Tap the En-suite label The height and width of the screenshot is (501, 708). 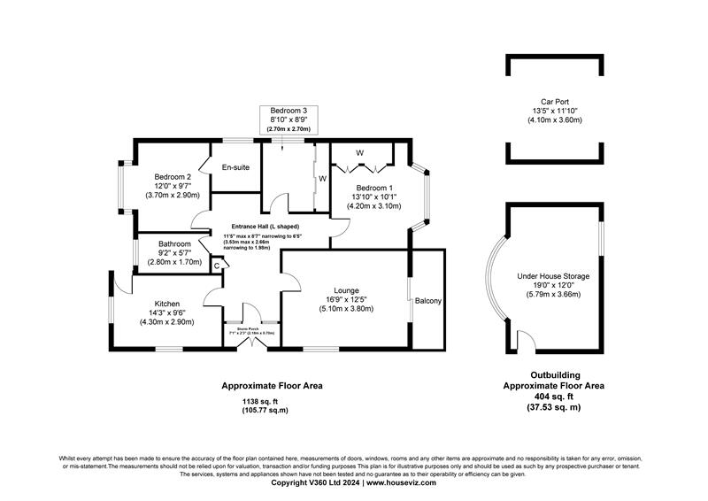coord(235,166)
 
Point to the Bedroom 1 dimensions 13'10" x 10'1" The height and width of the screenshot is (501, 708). coord(374,197)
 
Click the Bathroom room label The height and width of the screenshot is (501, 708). coord(174,244)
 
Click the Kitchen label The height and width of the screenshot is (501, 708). coord(167,303)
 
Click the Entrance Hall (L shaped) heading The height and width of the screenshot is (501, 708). coord(265,227)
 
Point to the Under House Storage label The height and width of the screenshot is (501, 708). coord(553,276)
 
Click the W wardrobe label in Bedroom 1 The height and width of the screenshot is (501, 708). coord(359,153)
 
